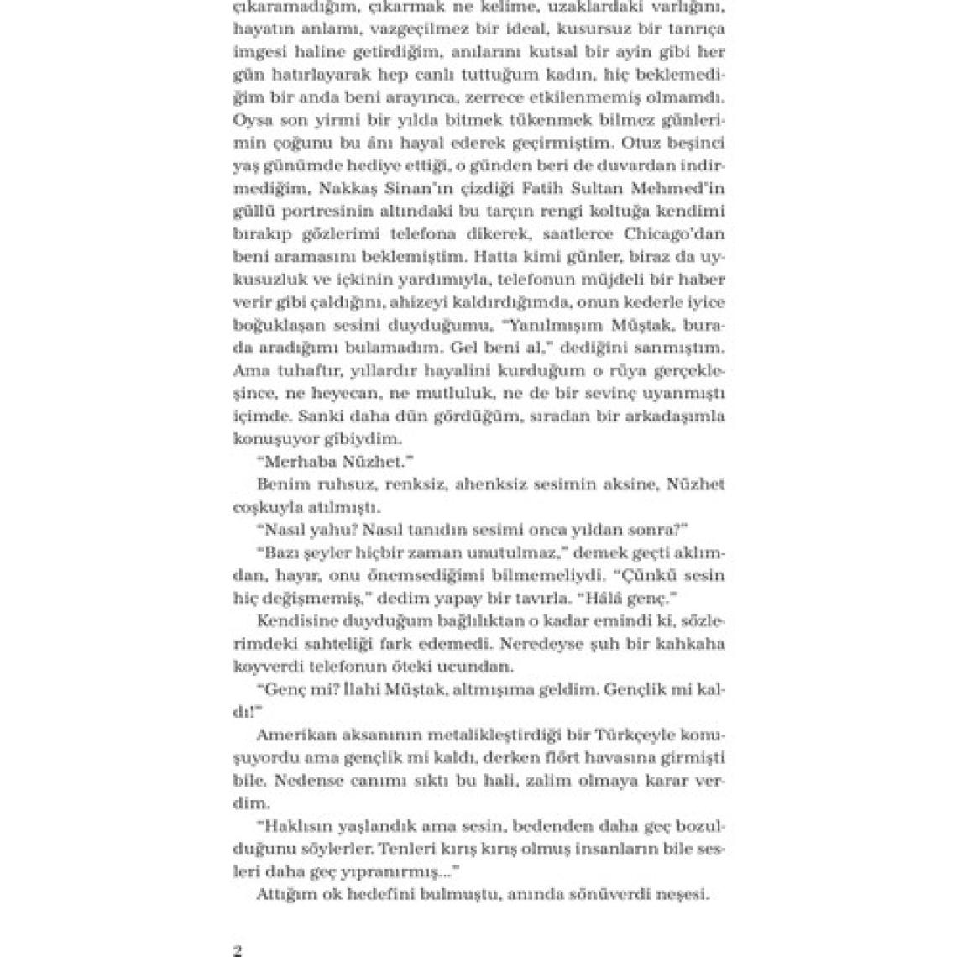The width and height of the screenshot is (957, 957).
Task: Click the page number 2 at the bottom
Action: click(237, 951)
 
